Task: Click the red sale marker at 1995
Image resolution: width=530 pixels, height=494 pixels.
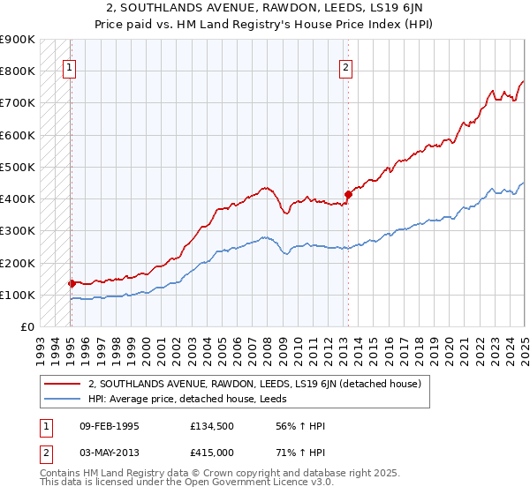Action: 72,283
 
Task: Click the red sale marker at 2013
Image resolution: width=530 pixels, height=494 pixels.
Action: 347,194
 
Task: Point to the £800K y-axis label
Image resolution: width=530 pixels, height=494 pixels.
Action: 18,71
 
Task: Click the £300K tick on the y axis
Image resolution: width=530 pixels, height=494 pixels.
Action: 18,231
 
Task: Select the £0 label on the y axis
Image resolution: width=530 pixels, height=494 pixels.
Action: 26,327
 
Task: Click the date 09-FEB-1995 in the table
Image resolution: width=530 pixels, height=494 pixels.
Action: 110,426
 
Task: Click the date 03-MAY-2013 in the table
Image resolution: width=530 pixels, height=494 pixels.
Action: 110,453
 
